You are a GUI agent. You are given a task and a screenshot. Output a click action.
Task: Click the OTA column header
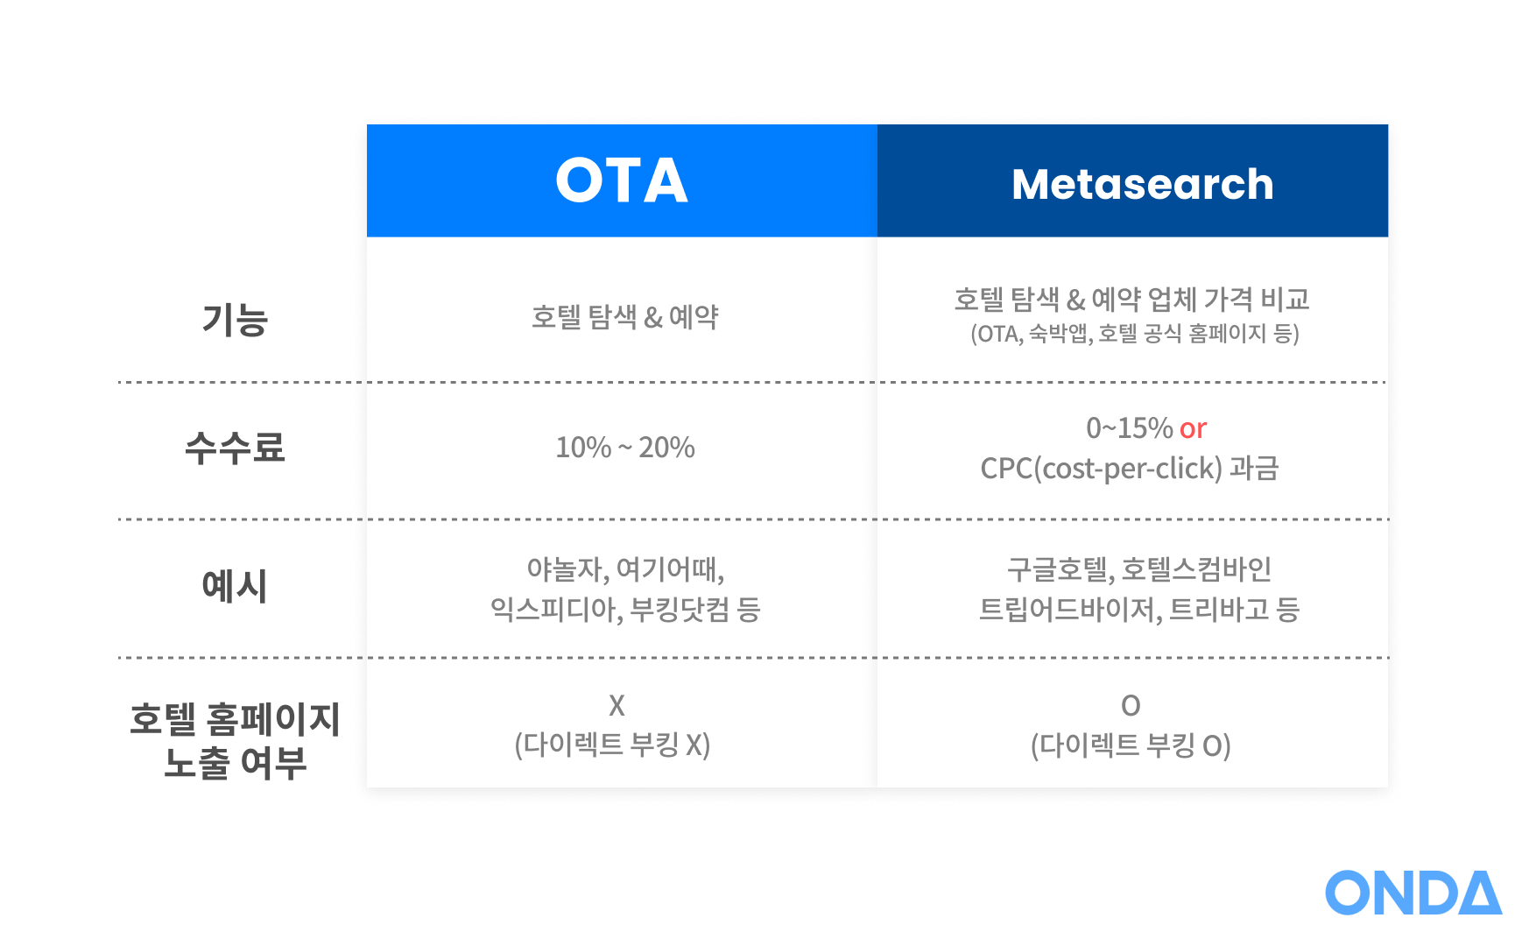point(622,180)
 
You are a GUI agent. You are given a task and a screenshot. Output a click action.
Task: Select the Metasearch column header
point(1142,184)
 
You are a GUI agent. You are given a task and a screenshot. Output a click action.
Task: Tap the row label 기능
point(235,319)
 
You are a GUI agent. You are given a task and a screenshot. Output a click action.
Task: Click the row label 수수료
point(235,447)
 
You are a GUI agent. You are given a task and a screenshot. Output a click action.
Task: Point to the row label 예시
point(235,585)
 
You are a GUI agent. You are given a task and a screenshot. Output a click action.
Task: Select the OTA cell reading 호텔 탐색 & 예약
point(624,316)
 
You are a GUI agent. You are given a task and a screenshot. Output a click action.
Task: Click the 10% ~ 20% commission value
point(625,447)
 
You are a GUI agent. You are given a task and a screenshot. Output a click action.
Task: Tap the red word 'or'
point(1193,428)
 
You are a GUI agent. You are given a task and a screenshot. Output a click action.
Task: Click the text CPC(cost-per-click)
point(1101,469)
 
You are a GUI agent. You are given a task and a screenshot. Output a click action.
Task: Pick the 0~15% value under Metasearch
point(1129,427)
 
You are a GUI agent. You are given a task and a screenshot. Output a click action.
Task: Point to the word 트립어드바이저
point(1070,609)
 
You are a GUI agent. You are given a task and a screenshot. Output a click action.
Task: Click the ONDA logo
point(1413,893)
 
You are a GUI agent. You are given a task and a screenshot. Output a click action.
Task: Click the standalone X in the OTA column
point(617,705)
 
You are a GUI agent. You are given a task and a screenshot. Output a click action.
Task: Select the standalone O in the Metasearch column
point(1131,705)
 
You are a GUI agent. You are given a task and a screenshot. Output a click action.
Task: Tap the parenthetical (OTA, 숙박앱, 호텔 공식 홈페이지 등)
point(1135,334)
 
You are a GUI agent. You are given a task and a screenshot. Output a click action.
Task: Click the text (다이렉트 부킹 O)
point(1131,745)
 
